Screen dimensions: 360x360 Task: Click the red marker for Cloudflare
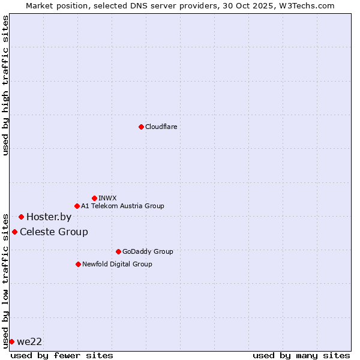click(141, 127)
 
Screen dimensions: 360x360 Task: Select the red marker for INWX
click(94, 198)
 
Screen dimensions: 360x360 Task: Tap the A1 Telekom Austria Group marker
click(77, 206)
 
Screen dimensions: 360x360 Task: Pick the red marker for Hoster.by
click(21, 217)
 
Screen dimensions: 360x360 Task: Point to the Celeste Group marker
click(14, 232)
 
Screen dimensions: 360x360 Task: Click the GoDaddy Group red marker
click(118, 251)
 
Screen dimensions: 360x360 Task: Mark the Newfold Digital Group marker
click(78, 264)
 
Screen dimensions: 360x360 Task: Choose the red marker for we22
click(11, 341)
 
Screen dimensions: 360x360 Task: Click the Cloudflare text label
click(161, 127)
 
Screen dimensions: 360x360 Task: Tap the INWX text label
click(107, 198)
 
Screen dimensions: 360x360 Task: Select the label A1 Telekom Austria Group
click(122, 206)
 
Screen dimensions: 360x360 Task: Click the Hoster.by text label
click(49, 217)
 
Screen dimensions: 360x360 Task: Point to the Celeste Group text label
click(54, 232)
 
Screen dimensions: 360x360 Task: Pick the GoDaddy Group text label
click(147, 251)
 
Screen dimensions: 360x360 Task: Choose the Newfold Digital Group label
click(117, 264)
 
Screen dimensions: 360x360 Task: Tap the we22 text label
click(29, 341)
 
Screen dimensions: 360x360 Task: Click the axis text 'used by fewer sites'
click(62, 355)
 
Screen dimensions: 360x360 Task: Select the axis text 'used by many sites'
click(301, 355)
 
